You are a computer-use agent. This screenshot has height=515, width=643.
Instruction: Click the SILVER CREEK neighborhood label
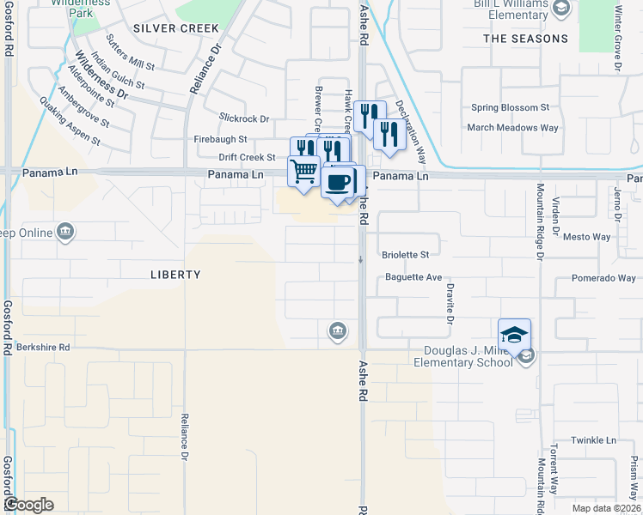coord(176,28)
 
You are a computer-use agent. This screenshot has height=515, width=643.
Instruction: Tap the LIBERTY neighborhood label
coord(175,275)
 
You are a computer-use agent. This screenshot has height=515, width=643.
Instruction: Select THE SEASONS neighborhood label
coord(525,39)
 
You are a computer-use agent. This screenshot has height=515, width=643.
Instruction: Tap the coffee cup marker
coord(339,182)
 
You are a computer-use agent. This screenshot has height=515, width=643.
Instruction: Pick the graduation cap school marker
coord(514,334)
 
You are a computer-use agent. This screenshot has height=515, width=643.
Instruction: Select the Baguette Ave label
coord(413,278)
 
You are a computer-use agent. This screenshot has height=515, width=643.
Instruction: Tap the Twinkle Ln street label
coord(597,440)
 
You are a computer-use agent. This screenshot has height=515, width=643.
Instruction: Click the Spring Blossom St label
coord(510,108)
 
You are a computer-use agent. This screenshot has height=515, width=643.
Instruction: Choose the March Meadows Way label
coord(512,128)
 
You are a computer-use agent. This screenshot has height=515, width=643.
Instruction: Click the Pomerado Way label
coord(603,278)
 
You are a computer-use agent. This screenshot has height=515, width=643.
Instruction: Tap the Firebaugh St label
coord(221,139)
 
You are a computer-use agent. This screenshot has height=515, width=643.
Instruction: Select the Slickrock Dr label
coord(244,119)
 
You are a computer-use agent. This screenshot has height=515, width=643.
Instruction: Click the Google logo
coord(28,505)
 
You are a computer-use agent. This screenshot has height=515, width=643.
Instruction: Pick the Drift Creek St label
coord(247,158)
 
